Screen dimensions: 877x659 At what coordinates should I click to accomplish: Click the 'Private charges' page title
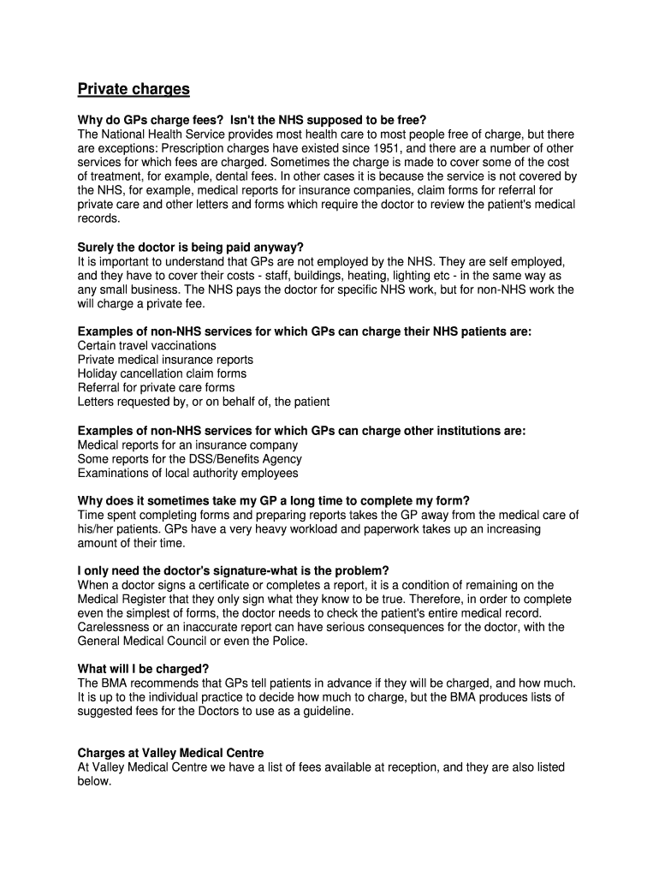134,89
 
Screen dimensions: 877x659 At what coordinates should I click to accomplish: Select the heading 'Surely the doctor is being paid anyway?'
191,248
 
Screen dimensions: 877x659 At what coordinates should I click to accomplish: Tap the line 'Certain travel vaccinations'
147,346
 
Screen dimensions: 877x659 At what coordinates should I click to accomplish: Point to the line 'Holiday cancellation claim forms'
162,373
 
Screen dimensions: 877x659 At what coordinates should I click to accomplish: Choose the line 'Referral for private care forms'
156,388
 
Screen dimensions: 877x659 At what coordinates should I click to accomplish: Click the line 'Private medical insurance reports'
165,360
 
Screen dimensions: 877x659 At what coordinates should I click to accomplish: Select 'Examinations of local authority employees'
187,473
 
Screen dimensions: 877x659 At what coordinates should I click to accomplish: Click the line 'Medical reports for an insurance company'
187,445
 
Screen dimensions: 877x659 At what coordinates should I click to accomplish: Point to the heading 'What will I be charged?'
144,669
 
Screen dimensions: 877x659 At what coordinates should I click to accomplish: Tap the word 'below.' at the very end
94,781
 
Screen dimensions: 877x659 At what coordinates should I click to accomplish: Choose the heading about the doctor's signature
233,570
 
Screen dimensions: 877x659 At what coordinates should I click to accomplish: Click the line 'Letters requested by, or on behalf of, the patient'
204,402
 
